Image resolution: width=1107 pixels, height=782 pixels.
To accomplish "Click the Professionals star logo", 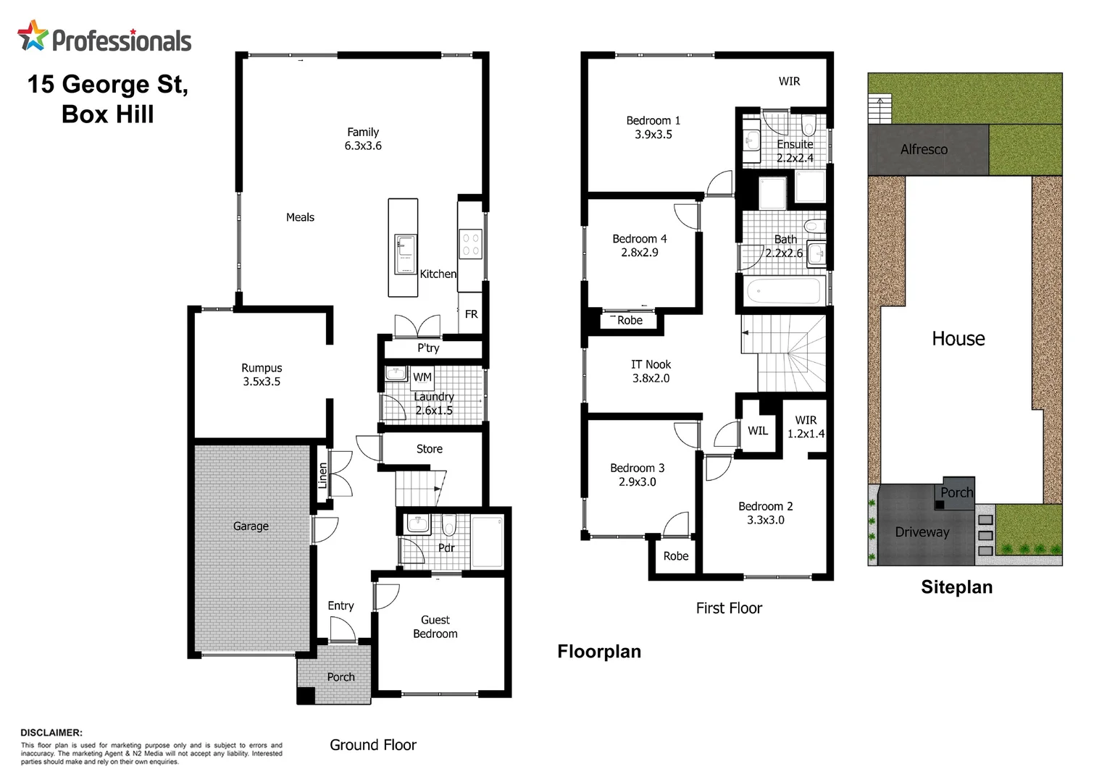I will pyautogui.click(x=33, y=35).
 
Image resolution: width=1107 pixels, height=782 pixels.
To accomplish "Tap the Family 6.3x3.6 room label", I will pyautogui.click(x=363, y=139).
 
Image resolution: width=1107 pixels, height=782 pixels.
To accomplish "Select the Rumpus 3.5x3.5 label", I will pyautogui.click(x=262, y=374).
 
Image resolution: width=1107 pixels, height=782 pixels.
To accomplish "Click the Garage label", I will pyautogui.click(x=251, y=526).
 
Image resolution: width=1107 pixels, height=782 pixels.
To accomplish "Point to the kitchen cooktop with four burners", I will pyautogui.click(x=470, y=244).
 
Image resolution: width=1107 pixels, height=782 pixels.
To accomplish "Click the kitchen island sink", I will pyautogui.click(x=405, y=253).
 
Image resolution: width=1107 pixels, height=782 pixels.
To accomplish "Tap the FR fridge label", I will pyautogui.click(x=471, y=314).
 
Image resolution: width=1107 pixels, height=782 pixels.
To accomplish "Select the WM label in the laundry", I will pyautogui.click(x=422, y=377).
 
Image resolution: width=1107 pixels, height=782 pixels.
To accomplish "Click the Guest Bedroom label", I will pyautogui.click(x=435, y=627).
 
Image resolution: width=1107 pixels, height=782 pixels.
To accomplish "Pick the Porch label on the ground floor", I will pyautogui.click(x=341, y=677).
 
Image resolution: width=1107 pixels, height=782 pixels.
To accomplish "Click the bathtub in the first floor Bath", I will pyautogui.click(x=783, y=292).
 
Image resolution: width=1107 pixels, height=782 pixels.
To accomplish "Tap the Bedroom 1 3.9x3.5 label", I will pyautogui.click(x=653, y=127).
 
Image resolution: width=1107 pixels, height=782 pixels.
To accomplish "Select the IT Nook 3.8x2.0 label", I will pyautogui.click(x=651, y=371).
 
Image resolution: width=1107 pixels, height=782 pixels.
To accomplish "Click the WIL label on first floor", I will pyautogui.click(x=758, y=431).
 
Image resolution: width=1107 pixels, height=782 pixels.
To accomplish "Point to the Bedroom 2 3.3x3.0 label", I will pyautogui.click(x=765, y=513).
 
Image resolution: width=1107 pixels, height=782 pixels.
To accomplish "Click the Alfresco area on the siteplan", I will pyautogui.click(x=924, y=150).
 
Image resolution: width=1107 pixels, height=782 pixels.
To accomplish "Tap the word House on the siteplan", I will pyautogui.click(x=958, y=339).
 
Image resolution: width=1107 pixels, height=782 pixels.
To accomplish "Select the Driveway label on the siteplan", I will pyautogui.click(x=922, y=532).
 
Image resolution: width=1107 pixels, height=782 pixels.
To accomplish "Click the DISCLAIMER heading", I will pyautogui.click(x=51, y=733).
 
